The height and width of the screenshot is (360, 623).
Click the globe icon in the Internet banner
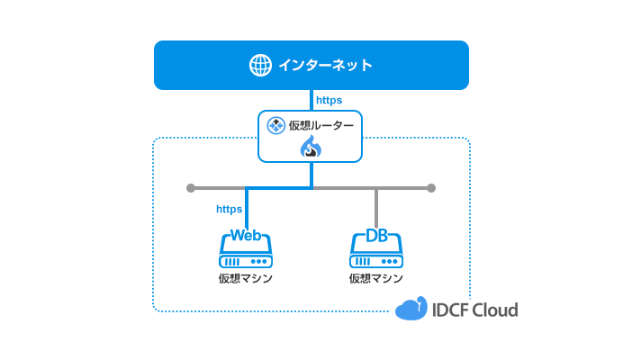point(260,65)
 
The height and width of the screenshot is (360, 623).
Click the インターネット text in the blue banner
point(325,65)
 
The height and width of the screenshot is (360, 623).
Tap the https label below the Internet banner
point(329,100)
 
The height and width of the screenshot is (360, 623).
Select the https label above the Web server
point(230,209)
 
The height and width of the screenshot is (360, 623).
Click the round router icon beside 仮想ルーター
point(276,125)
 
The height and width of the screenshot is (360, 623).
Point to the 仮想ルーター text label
point(321,125)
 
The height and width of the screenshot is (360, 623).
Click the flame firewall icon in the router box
point(311,148)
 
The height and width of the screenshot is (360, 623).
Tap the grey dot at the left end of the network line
point(190,188)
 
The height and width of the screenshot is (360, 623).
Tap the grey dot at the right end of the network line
point(431,188)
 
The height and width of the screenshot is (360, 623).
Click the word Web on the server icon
point(246,236)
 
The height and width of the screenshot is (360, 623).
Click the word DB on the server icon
point(376,236)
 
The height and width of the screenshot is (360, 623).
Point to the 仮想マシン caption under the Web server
point(246,278)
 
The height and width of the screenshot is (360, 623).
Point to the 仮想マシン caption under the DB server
point(376,278)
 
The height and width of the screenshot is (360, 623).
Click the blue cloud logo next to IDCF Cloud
point(411,309)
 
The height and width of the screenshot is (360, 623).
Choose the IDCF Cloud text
point(475,310)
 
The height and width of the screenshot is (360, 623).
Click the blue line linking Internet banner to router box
point(311,100)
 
